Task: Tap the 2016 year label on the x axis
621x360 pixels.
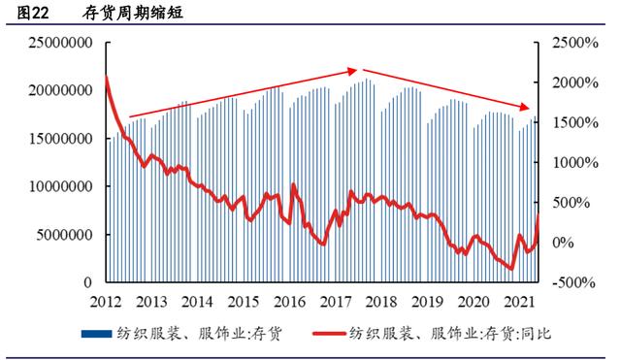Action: point(289,301)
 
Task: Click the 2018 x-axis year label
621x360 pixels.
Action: point(381,301)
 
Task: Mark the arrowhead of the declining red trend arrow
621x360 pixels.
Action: point(529,107)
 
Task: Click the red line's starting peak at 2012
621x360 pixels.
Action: point(106,77)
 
